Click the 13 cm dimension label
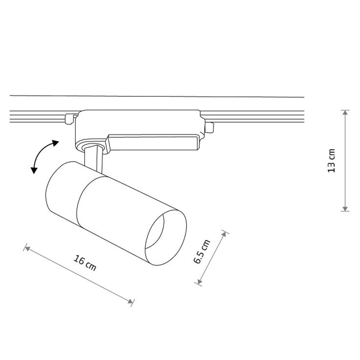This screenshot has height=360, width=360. click(x=331, y=160)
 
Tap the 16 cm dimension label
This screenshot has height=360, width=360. click(x=85, y=263)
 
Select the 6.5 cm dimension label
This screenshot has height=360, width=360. click(x=202, y=251)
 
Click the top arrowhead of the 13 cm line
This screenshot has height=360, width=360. click(x=345, y=113)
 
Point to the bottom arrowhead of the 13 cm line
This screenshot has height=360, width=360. click(x=345, y=209)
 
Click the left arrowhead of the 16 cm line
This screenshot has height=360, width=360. click(x=27, y=248)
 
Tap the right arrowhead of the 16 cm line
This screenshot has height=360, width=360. click(x=130, y=301)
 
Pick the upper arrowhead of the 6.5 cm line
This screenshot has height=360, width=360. click(x=224, y=234)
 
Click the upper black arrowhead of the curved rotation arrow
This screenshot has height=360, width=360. click(x=55, y=143)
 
